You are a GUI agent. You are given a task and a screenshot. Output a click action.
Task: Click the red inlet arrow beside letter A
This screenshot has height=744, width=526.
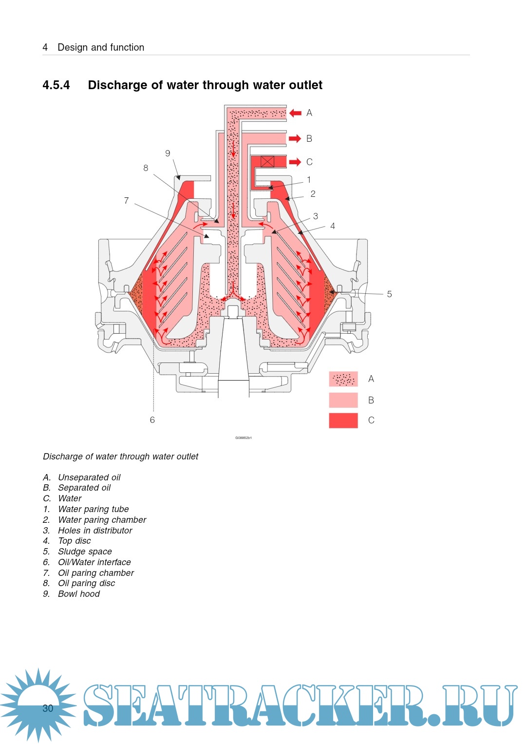295,113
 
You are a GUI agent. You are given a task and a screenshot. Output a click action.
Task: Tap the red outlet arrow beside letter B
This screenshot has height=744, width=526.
295,139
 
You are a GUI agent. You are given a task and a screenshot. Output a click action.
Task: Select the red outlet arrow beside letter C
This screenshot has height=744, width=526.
295,162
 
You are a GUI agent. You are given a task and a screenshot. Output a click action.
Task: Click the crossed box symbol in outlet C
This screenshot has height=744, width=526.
267,162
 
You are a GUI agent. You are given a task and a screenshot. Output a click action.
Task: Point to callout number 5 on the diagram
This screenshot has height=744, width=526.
389,294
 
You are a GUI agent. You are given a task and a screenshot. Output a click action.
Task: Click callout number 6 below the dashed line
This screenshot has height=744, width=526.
152,420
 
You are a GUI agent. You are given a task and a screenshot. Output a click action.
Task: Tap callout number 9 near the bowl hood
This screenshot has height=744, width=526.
168,153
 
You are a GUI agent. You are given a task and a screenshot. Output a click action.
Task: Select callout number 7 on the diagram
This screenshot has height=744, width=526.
127,201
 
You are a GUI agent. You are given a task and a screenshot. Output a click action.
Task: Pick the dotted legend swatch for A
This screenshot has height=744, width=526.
343,379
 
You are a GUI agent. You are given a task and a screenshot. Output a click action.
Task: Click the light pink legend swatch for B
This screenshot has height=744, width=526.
343,400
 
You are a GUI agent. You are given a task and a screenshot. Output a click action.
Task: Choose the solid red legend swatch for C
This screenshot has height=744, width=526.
343,420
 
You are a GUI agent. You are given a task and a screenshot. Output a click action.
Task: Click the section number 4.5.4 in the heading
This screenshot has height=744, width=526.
56,85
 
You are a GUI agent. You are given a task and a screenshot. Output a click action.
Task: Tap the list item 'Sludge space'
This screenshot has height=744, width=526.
85,552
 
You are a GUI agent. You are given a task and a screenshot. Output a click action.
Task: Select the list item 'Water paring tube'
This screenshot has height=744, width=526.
94,509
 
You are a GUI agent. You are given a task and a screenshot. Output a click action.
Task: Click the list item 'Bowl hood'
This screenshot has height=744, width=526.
79,594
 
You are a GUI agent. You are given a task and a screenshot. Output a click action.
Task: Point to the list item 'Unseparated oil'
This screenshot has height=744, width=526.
89,477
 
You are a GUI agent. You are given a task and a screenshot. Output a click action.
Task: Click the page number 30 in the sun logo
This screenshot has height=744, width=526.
48,708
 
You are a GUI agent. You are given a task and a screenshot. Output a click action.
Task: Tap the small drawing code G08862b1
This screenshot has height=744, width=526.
244,438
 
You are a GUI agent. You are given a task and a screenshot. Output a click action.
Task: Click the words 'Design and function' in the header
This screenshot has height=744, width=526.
101,47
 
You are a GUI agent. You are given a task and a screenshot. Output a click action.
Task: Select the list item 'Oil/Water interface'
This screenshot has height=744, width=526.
94,562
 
